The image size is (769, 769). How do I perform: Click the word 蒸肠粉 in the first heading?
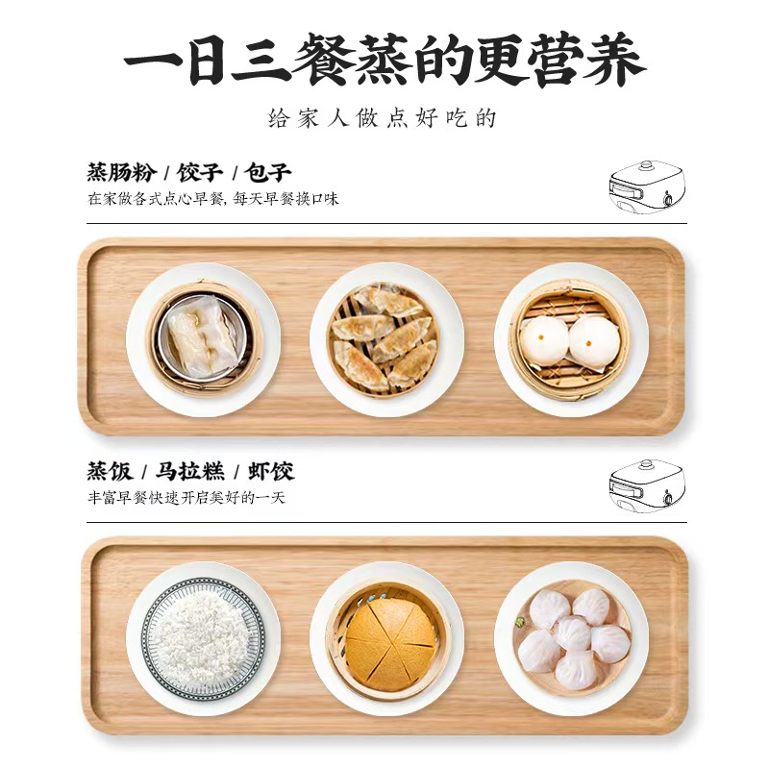pyautogui.click(x=122, y=173)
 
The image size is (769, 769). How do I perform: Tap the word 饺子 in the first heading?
pyautogui.click(x=200, y=173)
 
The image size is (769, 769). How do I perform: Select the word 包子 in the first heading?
pyautogui.click(x=268, y=173)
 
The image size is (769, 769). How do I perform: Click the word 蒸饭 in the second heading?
pyautogui.click(x=111, y=471)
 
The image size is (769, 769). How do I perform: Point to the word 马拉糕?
pyautogui.click(x=190, y=471)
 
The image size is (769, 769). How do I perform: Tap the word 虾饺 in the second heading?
pyautogui.click(x=271, y=471)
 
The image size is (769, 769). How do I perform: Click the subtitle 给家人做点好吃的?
pyautogui.click(x=383, y=118)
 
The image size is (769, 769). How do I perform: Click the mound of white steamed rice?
pyautogui.click(x=203, y=635)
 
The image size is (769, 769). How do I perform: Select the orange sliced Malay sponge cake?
pyautogui.click(x=391, y=642)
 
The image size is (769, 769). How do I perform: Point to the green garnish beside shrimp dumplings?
pyautogui.click(x=519, y=623)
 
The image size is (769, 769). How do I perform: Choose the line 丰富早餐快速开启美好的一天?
pyautogui.click(x=186, y=498)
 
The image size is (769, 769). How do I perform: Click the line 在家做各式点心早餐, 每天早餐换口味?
pyautogui.click(x=213, y=199)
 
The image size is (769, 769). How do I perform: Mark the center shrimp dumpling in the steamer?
pyautogui.click(x=572, y=633)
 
